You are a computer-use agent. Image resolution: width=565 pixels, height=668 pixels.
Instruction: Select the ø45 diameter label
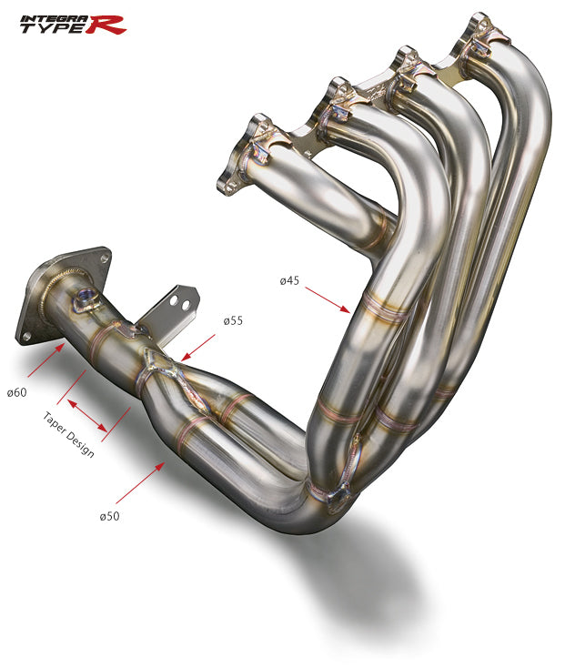pos(289,280)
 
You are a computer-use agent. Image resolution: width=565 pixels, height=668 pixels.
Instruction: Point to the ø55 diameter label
pos(233,321)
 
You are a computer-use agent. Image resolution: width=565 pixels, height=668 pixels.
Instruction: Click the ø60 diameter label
pos(15,392)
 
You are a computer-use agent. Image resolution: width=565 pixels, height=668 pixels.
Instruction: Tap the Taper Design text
pos(68,434)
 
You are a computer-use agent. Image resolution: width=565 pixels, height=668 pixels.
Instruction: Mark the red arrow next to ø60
pos(45,359)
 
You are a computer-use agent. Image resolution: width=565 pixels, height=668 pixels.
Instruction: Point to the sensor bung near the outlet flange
pos(86,297)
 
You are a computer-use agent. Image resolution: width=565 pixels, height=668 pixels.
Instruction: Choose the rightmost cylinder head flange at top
pos(483,36)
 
